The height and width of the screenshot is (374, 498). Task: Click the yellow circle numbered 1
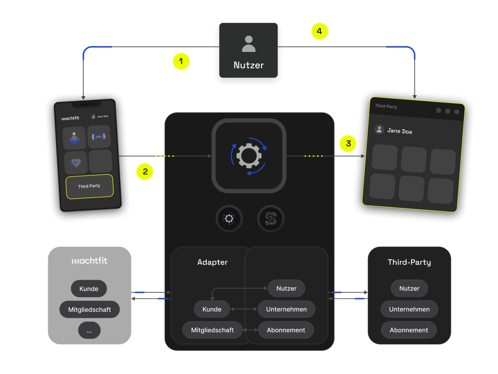pos(181,62)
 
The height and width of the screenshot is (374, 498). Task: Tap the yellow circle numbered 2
pos(145,171)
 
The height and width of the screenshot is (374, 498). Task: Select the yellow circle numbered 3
pos(348,144)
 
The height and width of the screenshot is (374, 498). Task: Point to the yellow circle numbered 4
pos(320,32)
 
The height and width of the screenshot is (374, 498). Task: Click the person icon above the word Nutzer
pos(249,44)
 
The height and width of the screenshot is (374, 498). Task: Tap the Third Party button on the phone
pos(89,186)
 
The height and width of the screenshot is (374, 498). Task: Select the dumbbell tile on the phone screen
pos(99,137)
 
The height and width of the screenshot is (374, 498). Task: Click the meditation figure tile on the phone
pos(74,137)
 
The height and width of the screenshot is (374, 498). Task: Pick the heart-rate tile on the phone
pos(75,162)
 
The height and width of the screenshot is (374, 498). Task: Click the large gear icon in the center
pos(249,156)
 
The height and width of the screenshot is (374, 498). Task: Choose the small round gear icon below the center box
pos(229,219)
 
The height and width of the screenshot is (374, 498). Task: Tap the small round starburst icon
pos(270,219)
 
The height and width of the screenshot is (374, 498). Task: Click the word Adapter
pos(213,262)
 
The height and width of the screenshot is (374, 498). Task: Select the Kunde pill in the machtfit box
pos(89,289)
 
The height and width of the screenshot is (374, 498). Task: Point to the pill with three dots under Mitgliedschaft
pos(89,330)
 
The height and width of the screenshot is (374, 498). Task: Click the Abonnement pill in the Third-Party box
pos(409,330)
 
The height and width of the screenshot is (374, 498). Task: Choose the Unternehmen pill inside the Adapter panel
pos(286,309)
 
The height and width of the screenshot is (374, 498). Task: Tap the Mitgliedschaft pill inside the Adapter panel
pos(213,330)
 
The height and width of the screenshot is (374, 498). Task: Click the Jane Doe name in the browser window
pos(400,131)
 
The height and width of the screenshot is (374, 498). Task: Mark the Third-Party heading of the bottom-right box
pos(409,262)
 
